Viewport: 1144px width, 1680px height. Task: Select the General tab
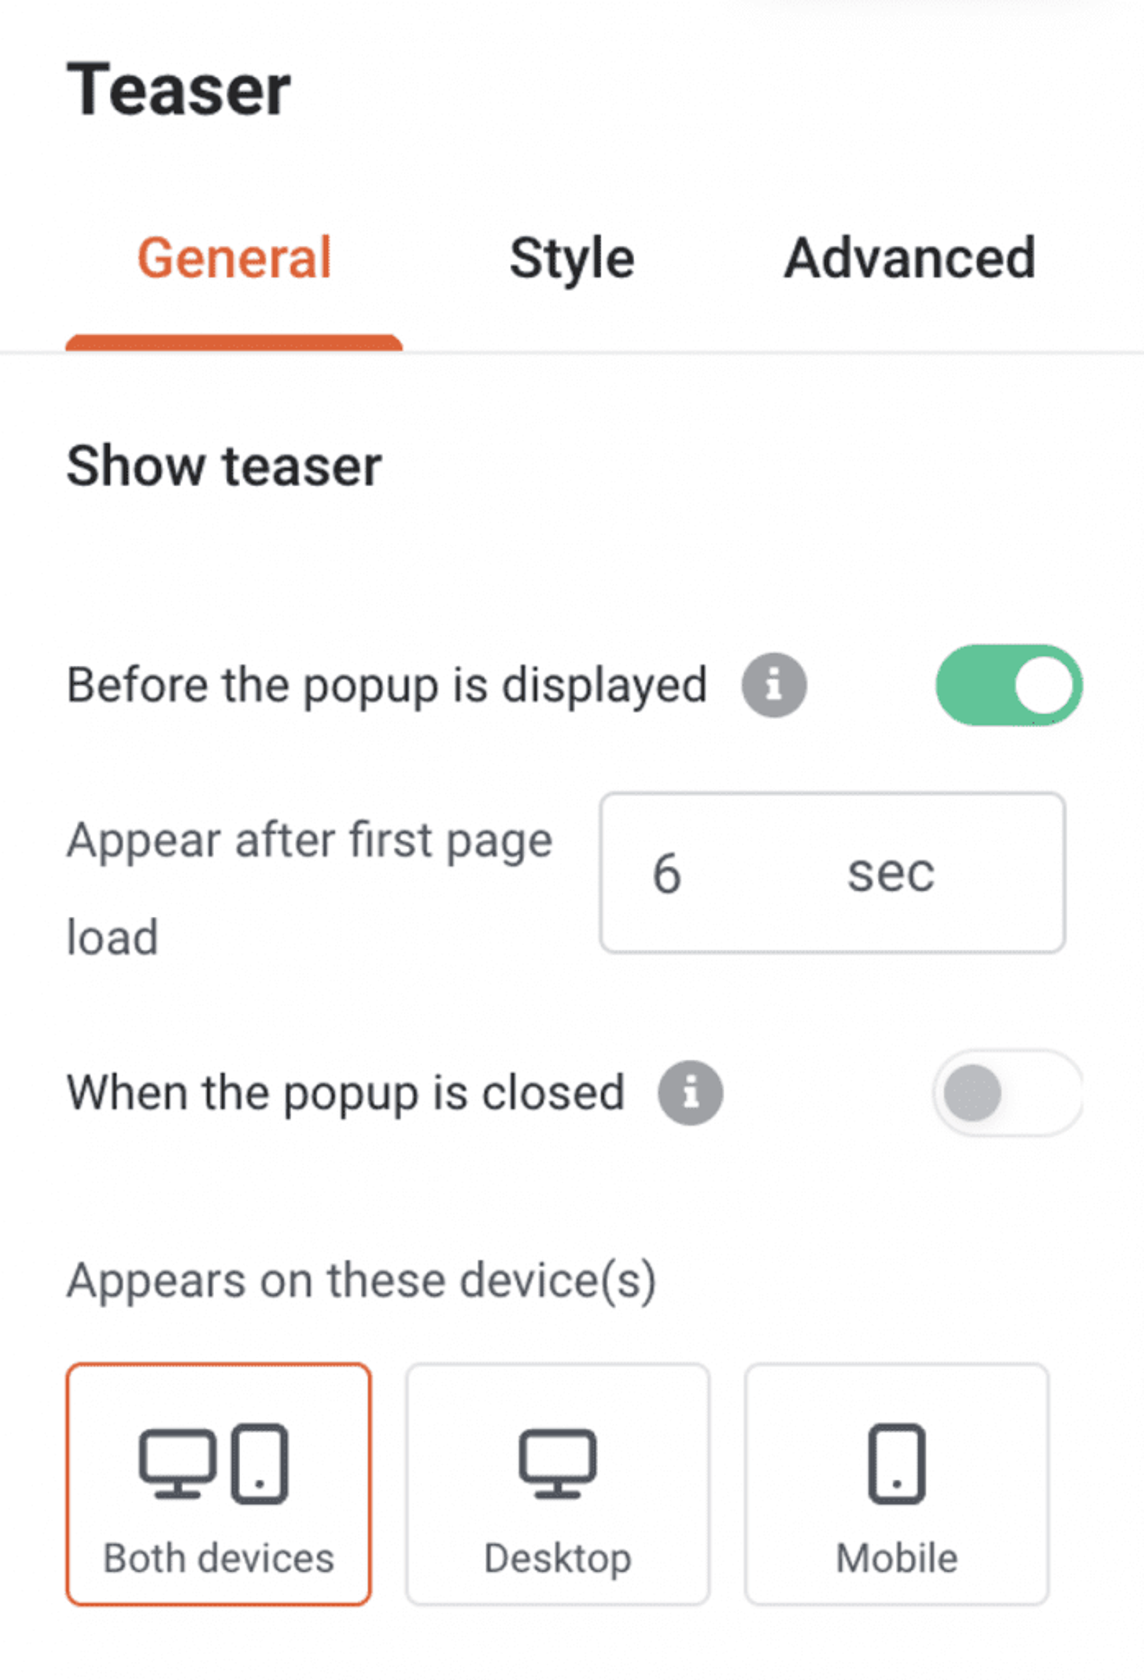pyautogui.click(x=234, y=258)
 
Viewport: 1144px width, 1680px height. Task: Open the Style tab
pyautogui.click(x=571, y=258)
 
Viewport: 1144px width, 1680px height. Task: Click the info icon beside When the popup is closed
pyautogui.click(x=690, y=1092)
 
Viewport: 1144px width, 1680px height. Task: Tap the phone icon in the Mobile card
pyautogui.click(x=897, y=1463)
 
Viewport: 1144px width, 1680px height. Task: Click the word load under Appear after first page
pyautogui.click(x=112, y=938)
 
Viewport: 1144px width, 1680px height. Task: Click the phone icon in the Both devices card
pyautogui.click(x=259, y=1463)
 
